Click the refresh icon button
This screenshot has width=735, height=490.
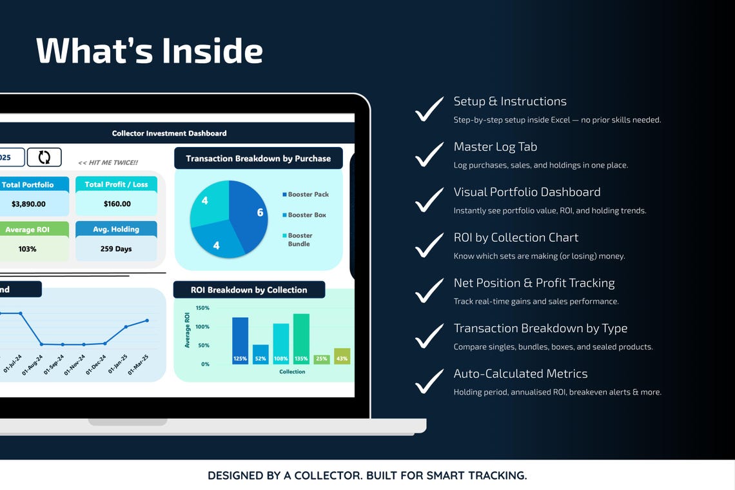pos(44,157)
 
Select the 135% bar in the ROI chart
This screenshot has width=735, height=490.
pos(301,338)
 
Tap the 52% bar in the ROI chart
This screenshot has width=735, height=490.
pos(260,355)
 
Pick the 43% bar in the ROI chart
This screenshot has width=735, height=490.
pos(342,356)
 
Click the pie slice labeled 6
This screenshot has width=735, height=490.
pos(251,213)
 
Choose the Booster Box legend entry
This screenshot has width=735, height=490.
pos(304,215)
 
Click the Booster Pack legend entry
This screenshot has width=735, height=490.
pos(306,194)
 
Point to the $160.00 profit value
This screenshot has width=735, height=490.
pos(117,204)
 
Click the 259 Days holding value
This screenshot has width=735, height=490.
pos(116,248)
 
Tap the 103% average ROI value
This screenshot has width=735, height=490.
pos(27,248)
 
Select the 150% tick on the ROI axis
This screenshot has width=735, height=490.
pos(202,308)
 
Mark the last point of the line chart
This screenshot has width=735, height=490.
pos(147,320)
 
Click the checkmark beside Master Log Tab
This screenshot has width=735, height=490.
pos(429,154)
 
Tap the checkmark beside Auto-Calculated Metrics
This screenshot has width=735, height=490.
pos(429,381)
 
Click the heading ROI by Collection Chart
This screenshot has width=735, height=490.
pos(516,237)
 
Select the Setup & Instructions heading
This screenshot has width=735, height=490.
pos(510,101)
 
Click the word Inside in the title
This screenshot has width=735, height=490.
pos(212,50)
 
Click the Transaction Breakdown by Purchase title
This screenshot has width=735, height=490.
pos(259,159)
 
